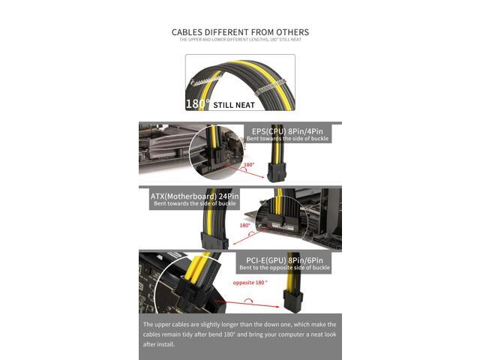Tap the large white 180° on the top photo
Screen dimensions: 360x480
click(x=197, y=104)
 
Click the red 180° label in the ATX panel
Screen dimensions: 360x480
click(x=245, y=225)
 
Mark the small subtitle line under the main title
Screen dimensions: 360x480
click(x=240, y=40)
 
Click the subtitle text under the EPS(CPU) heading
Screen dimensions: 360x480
click(x=289, y=139)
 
